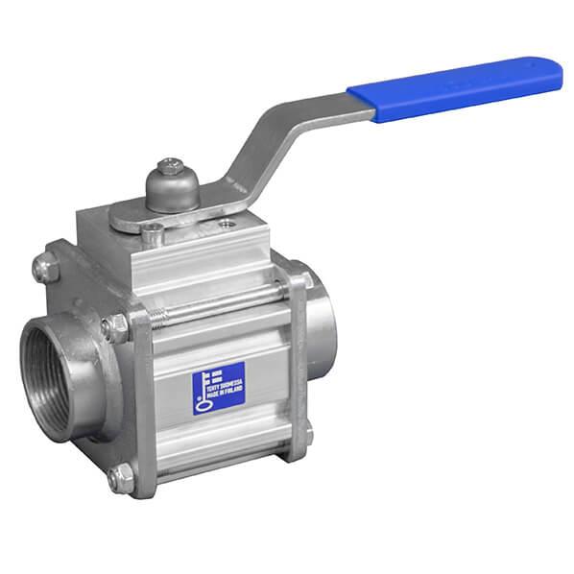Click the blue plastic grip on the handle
(457, 87)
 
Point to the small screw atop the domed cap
(172, 166)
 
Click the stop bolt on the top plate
(153, 231)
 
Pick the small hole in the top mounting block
(226, 225)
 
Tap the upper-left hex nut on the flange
(45, 267)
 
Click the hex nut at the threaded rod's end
(116, 328)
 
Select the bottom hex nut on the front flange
(120, 477)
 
